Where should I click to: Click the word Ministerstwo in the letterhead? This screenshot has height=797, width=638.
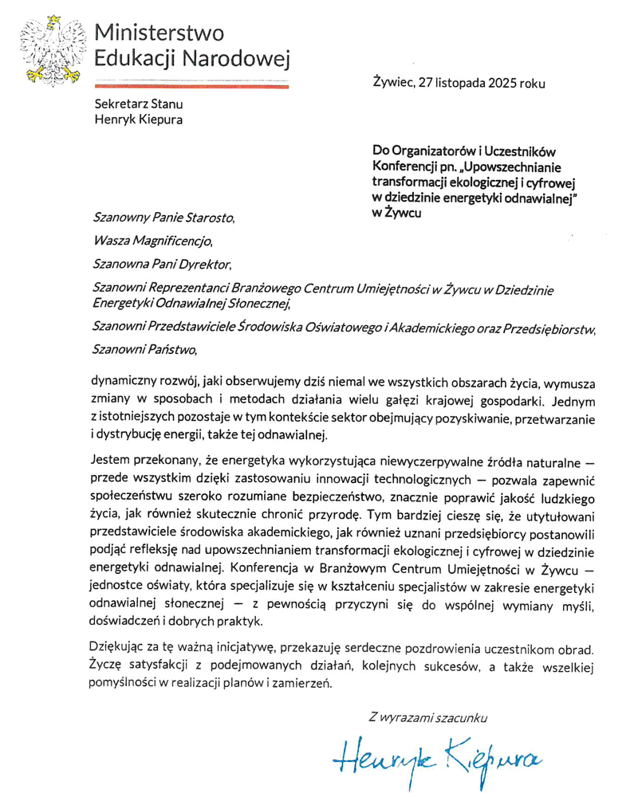(x=159, y=33)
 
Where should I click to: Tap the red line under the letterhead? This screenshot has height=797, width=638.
(x=191, y=82)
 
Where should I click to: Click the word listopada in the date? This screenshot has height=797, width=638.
(x=451, y=80)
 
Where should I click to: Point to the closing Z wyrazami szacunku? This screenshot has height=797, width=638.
(x=427, y=717)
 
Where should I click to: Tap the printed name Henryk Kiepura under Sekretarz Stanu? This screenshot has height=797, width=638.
(x=139, y=120)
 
